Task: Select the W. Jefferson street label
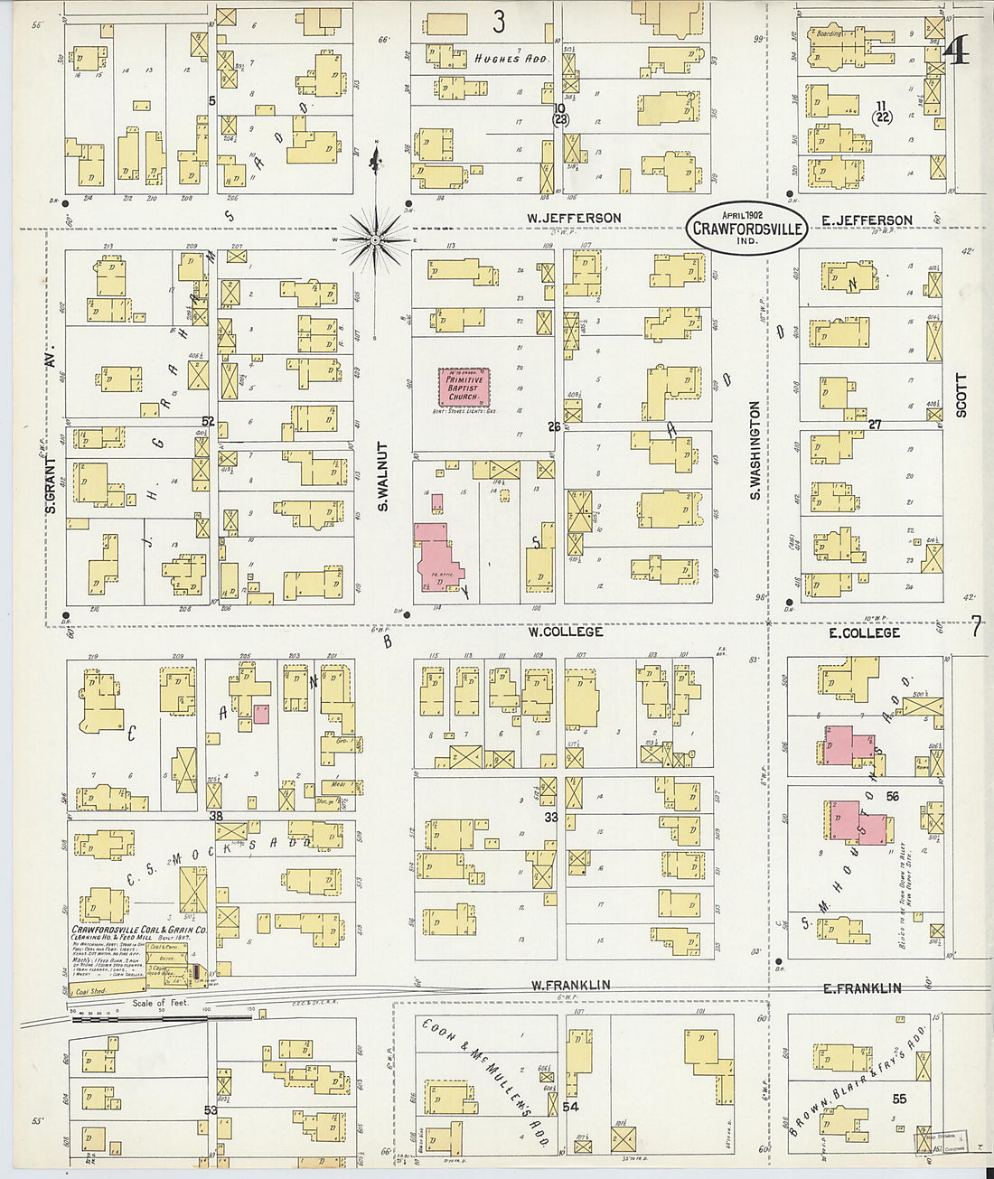click(575, 218)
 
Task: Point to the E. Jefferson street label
click(867, 220)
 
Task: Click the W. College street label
click(566, 632)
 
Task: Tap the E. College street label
click(864, 632)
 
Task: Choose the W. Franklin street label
click(569, 985)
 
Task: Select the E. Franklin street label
click(862, 987)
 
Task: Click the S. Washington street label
click(755, 451)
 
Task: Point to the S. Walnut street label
click(383, 476)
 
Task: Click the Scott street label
click(961, 395)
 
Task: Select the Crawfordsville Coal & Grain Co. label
click(139, 930)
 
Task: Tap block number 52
click(209, 421)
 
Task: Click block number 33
click(550, 818)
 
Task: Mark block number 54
click(570, 1107)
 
